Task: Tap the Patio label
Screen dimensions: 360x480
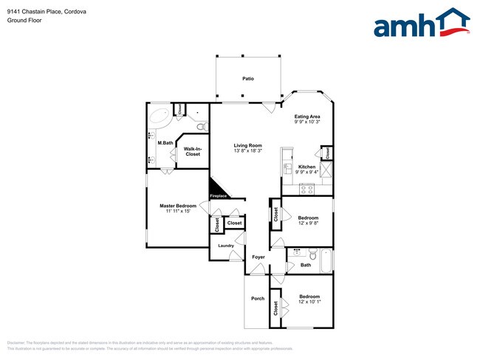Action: tap(248, 78)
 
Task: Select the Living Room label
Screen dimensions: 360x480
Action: tap(248, 145)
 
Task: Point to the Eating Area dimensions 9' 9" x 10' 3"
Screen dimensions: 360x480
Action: tap(307, 122)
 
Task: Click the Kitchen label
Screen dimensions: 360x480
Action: tap(307, 167)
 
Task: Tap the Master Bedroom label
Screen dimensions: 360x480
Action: tap(178, 205)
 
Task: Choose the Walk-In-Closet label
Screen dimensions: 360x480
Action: tap(193, 152)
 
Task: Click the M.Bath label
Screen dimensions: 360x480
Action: tap(165, 142)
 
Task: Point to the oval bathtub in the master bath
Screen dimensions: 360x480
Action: tap(160, 118)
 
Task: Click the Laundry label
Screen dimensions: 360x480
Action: tap(226, 246)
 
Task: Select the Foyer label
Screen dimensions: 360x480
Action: tap(258, 257)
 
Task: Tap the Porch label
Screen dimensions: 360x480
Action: tap(258, 298)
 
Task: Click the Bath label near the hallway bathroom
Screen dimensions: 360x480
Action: tap(306, 264)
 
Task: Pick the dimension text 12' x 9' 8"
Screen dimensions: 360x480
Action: tap(308, 224)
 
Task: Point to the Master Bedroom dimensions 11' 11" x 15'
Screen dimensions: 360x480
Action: tap(178, 211)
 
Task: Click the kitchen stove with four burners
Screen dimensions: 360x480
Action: tap(307, 188)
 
